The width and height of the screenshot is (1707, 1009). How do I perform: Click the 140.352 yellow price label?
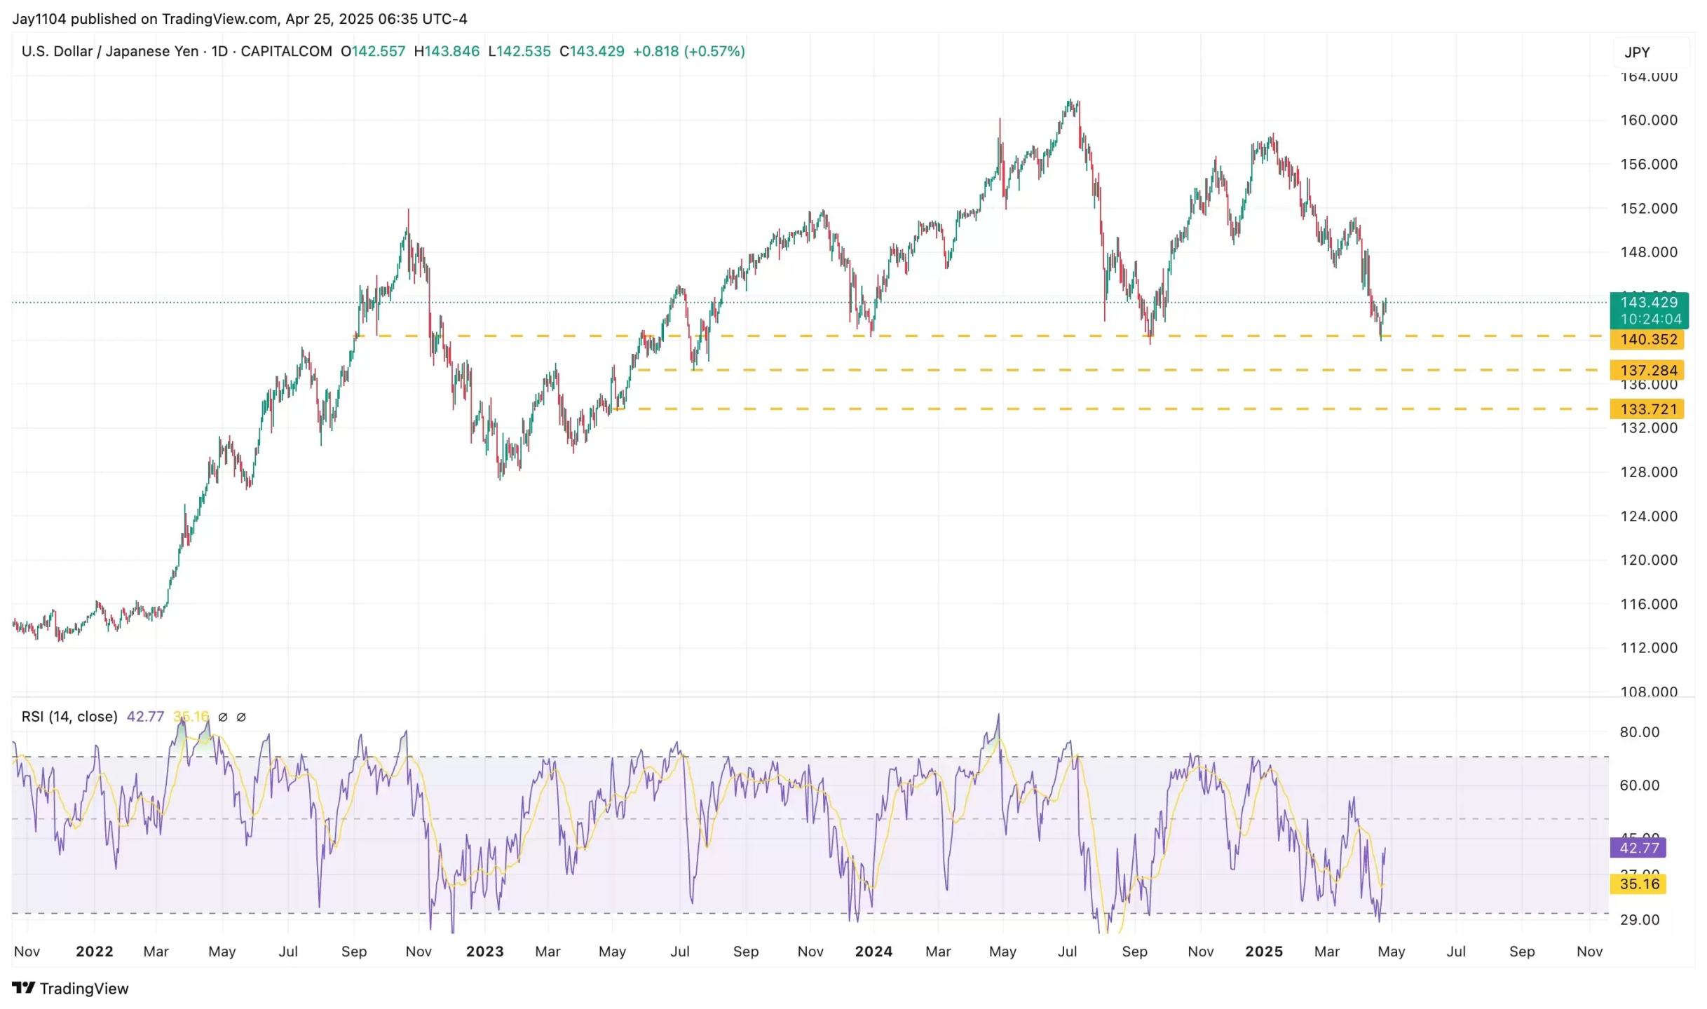click(1647, 340)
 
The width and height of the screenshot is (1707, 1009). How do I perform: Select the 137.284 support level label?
click(1647, 370)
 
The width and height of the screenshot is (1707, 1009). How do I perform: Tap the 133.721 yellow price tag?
click(1647, 409)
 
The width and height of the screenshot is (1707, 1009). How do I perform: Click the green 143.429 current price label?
click(1648, 303)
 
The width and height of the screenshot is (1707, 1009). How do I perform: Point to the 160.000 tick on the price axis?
click(1648, 121)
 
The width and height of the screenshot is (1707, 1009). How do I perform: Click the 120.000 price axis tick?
click(1648, 561)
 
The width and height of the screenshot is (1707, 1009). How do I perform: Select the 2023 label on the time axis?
click(484, 952)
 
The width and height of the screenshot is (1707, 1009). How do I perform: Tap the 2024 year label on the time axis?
click(873, 952)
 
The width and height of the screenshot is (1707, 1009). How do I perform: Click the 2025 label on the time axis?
click(1263, 952)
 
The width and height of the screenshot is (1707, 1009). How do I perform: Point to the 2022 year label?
click(95, 952)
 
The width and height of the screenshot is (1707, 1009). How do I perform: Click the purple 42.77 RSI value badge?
click(1640, 848)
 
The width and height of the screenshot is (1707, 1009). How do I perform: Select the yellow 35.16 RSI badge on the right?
click(1640, 884)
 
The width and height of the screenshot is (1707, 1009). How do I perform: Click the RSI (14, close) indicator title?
click(69, 717)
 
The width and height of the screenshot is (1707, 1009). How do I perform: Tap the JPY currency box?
click(1638, 53)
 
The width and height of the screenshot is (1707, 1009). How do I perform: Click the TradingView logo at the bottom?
click(71, 989)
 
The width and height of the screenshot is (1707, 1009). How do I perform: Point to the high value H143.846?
click(447, 51)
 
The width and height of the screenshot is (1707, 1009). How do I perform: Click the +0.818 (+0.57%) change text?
click(688, 51)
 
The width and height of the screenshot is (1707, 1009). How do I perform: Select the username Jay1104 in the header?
click(39, 19)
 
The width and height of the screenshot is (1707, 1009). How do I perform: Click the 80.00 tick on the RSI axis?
click(1639, 732)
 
